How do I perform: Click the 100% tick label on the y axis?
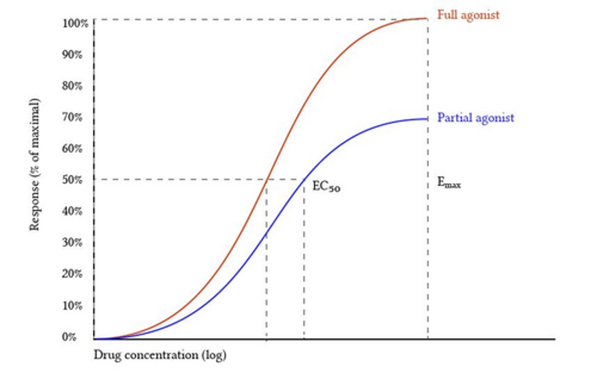[75, 23]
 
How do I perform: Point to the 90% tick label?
[72, 55]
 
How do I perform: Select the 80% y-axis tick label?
[72, 86]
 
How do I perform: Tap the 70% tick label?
[72, 117]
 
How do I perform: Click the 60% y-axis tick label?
[72, 148]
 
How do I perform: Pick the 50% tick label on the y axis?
[72, 180]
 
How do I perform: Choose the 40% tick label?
[72, 211]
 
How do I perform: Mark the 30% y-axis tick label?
[72, 242]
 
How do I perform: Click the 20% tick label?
[72, 274]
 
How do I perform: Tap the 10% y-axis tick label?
[72, 306]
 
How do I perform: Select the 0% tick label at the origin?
[69, 337]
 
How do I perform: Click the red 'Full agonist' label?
[468, 15]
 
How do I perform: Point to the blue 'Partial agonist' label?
[476, 118]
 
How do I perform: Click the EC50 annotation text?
[326, 187]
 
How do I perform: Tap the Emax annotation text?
[449, 183]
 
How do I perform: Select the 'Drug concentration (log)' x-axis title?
[160, 355]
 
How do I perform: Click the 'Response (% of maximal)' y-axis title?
[34, 164]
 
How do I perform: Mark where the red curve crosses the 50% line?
[268, 179]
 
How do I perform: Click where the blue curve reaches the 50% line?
[304, 179]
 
